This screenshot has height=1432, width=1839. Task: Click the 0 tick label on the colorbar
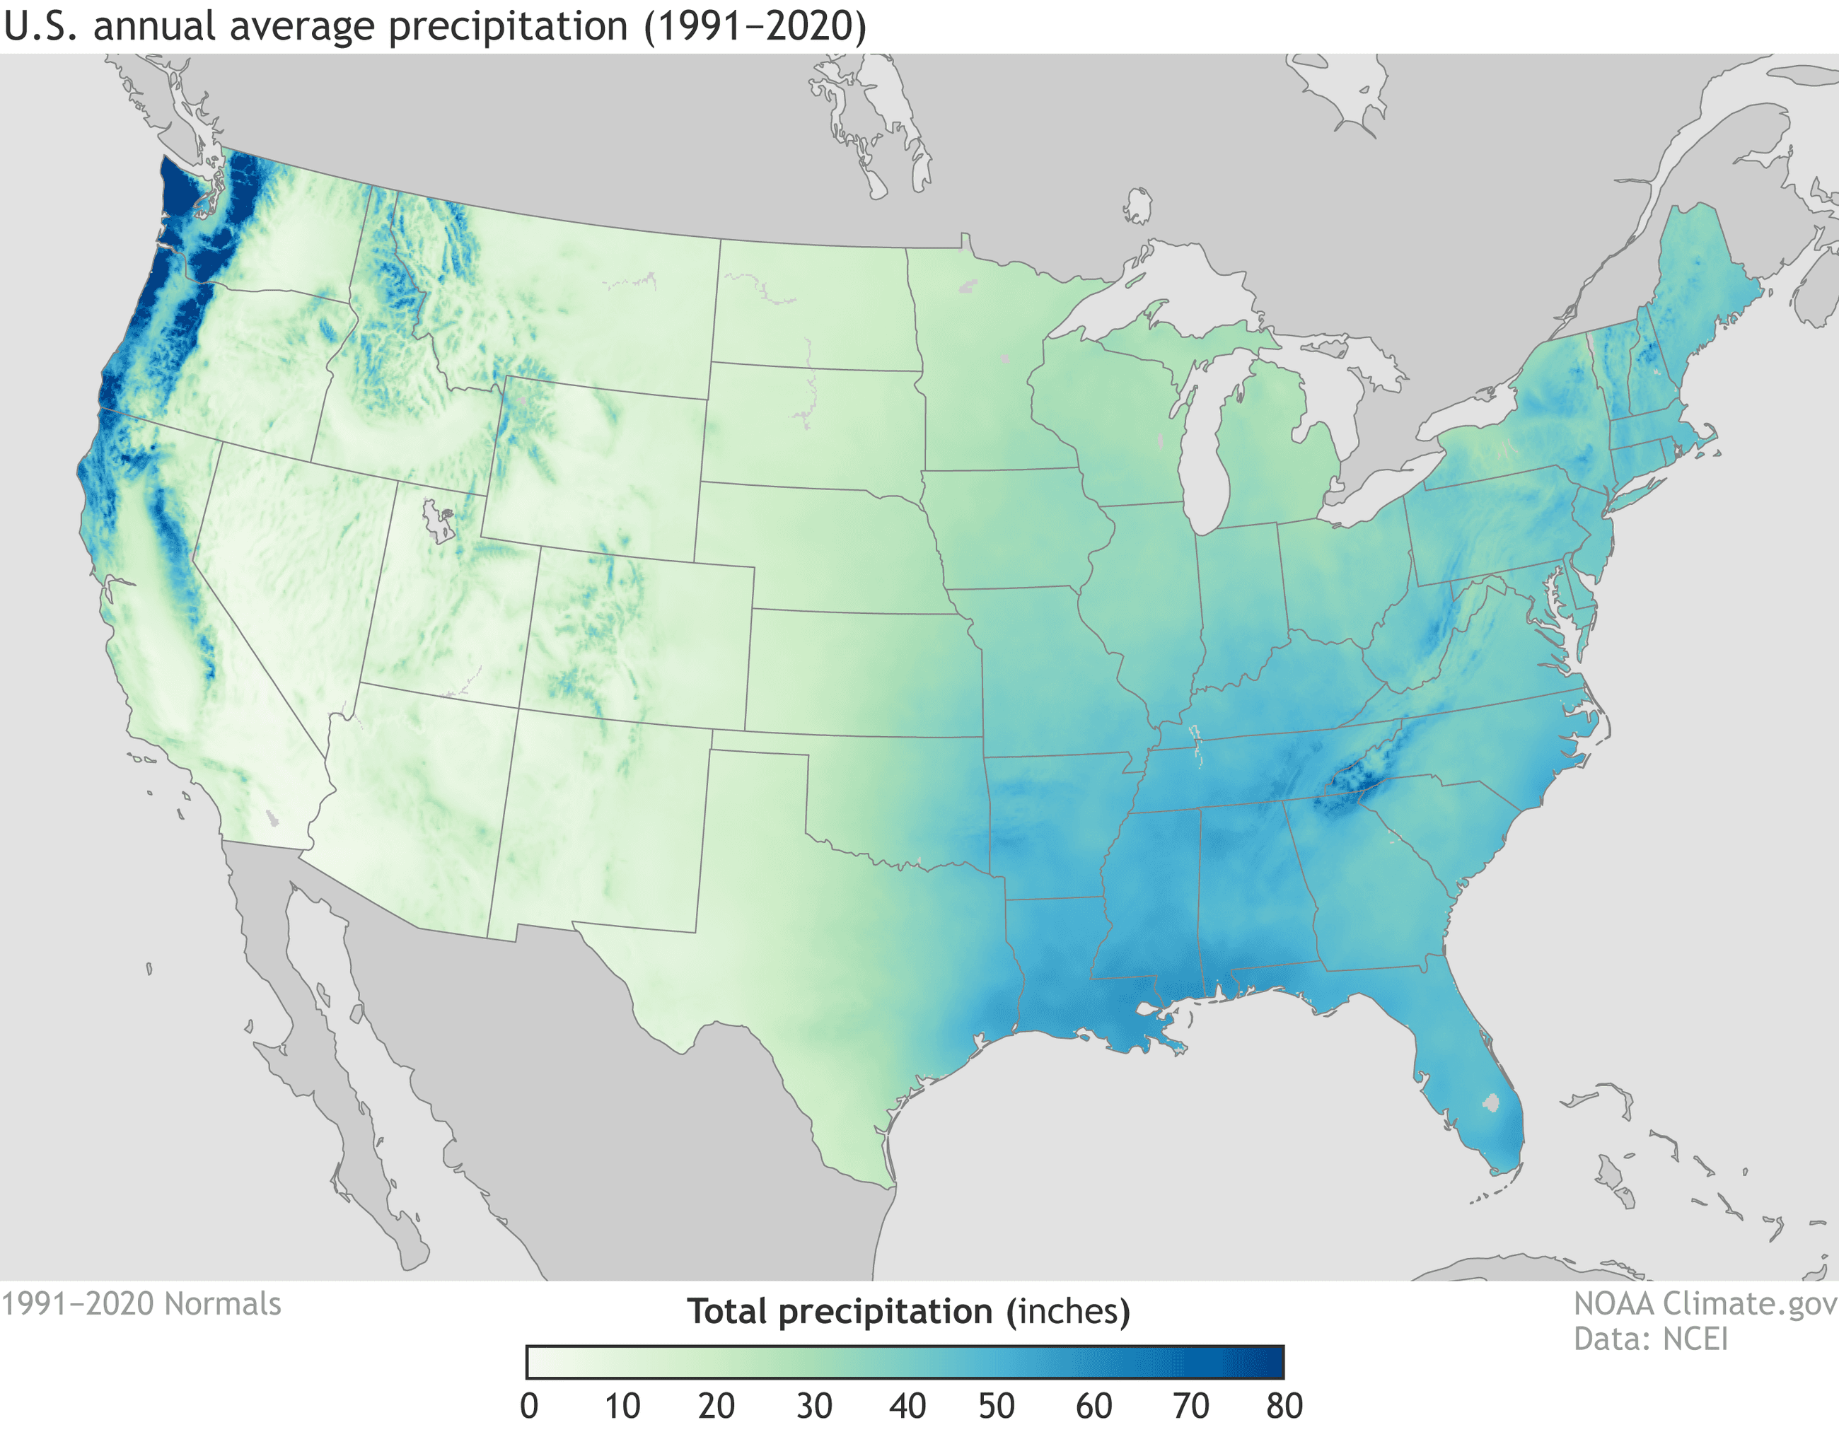(529, 1406)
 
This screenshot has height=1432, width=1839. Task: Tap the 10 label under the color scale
(622, 1406)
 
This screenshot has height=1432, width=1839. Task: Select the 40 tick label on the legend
(907, 1406)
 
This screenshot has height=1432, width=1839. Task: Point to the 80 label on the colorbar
(1284, 1406)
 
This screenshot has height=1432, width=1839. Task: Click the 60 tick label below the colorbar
(1093, 1406)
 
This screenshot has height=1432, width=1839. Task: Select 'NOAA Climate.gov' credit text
(1705, 1304)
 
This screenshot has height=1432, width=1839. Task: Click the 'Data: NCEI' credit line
(1650, 1339)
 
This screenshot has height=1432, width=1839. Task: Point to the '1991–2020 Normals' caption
(141, 1304)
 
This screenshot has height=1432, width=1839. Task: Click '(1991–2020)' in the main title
(755, 26)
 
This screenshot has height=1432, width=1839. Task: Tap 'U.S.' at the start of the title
(41, 26)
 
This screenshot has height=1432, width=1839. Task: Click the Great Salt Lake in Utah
(437, 520)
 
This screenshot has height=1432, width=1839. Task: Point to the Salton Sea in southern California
(271, 817)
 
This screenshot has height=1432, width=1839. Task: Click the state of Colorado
(640, 640)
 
